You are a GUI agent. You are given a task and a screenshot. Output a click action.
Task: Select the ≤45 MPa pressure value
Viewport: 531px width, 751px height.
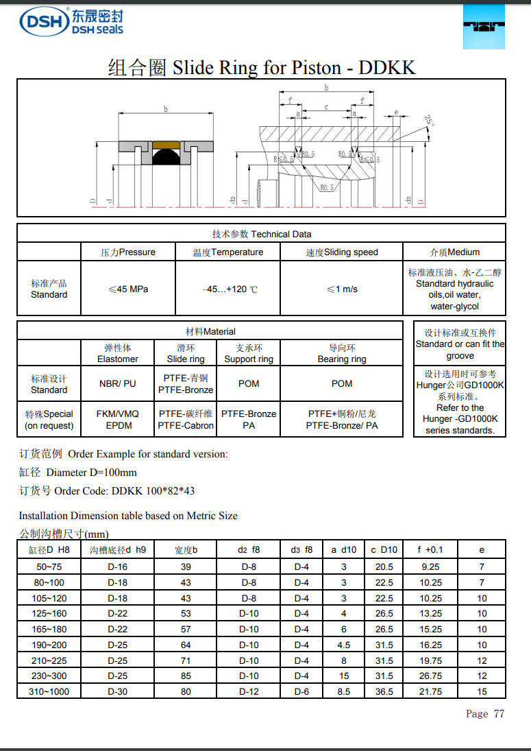pyautogui.click(x=128, y=289)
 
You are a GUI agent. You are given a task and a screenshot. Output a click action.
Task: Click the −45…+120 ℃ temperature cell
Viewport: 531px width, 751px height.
pyautogui.click(x=228, y=289)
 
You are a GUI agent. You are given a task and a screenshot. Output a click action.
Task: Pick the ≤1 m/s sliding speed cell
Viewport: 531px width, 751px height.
pyautogui.click(x=341, y=289)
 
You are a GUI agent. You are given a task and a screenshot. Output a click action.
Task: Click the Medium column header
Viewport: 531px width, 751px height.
pyautogui.click(x=454, y=252)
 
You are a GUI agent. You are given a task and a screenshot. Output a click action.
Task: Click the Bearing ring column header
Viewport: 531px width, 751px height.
pyautogui.click(x=341, y=354)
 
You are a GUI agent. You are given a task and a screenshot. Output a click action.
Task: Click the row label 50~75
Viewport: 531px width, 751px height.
pyautogui.click(x=49, y=567)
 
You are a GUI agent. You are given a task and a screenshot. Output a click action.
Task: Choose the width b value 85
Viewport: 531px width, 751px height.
pyautogui.click(x=186, y=676)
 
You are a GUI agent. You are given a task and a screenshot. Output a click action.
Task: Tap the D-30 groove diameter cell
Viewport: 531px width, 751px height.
pyautogui.click(x=118, y=692)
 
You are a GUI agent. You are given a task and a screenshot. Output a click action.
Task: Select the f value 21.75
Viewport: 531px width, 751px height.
pyautogui.click(x=430, y=692)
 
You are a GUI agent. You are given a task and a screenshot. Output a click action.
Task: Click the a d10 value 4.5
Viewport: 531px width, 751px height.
pyautogui.click(x=343, y=645)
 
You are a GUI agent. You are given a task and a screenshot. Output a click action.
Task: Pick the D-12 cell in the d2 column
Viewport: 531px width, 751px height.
pyautogui.click(x=249, y=692)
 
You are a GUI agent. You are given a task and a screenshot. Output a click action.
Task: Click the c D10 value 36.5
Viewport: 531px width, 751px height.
pyautogui.click(x=384, y=692)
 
